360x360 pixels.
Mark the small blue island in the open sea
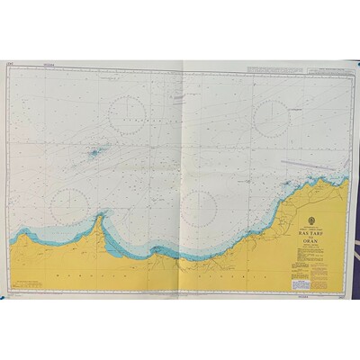(x=94, y=153)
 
